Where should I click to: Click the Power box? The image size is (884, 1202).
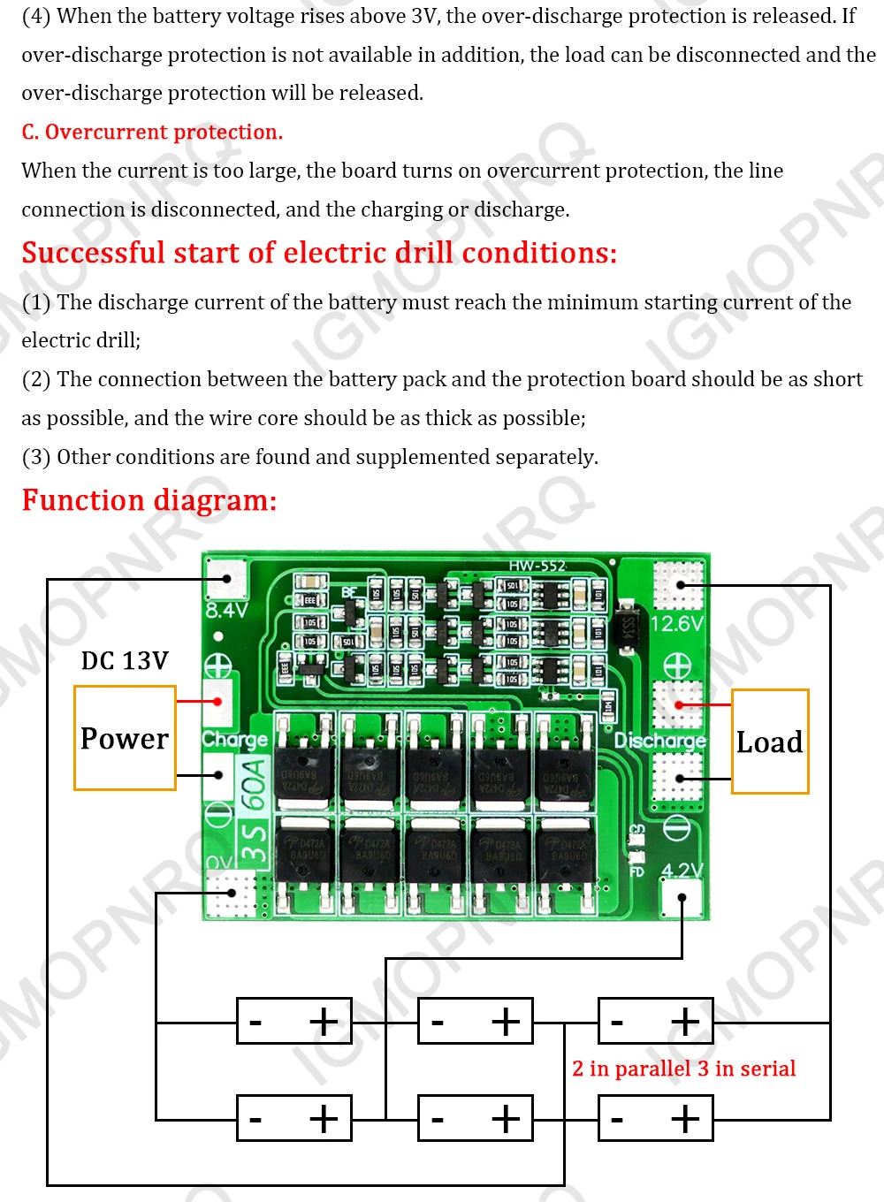tap(125, 738)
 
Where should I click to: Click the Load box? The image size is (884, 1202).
tap(769, 742)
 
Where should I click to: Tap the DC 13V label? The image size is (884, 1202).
tap(124, 661)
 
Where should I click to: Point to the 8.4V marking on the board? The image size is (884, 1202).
tap(226, 610)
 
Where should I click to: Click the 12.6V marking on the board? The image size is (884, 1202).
tap(676, 624)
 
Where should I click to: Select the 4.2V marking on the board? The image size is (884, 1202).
tap(682, 871)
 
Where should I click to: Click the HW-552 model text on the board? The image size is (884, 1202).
tap(537, 566)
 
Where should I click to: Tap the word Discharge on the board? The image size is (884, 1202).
tap(660, 740)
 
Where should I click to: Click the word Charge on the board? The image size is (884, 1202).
tap(234, 739)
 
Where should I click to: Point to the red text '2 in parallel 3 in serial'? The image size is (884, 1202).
tap(683, 1069)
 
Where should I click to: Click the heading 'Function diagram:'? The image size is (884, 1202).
tap(149, 500)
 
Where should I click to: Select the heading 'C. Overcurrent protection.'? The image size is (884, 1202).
tap(152, 133)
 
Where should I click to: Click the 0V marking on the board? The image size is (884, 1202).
tap(218, 862)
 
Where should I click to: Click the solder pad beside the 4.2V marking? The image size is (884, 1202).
tap(682, 899)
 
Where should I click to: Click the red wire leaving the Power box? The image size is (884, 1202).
tap(197, 702)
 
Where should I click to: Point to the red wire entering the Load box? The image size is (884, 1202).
tap(705, 705)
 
